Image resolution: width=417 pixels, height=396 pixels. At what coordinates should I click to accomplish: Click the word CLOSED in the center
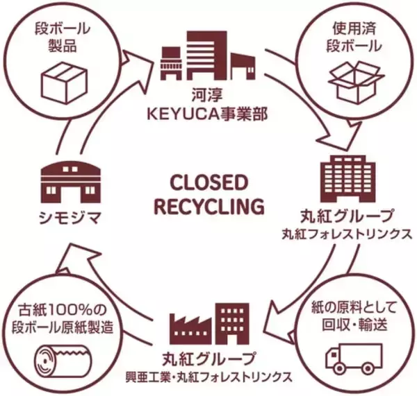click(208, 184)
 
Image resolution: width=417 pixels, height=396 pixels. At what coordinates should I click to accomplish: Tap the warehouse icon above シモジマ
click(70, 180)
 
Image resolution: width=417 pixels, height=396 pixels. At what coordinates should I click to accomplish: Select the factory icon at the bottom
click(209, 322)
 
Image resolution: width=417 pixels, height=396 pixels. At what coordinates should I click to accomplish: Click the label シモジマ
click(70, 221)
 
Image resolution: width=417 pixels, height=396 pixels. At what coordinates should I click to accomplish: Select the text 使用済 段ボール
click(355, 40)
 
